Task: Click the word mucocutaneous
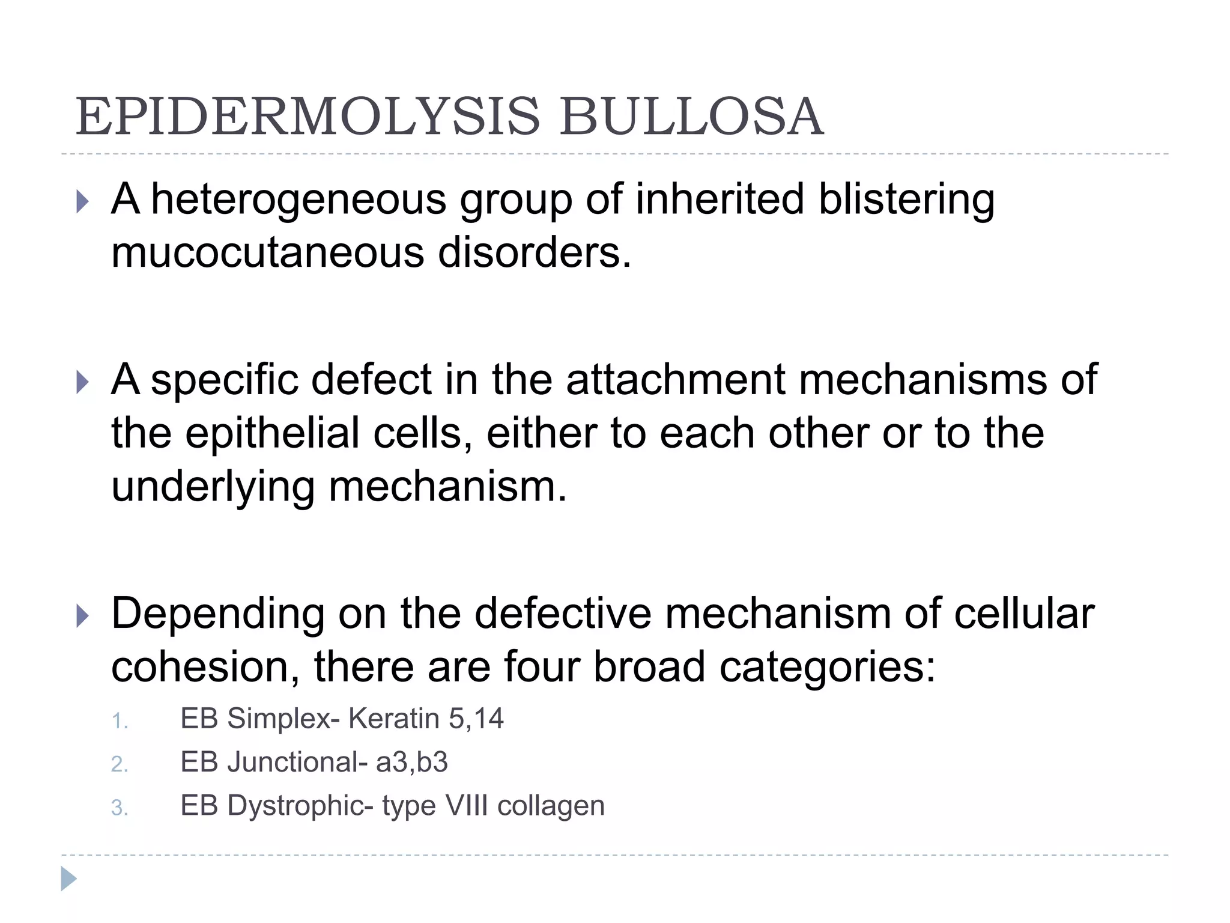[x=267, y=252]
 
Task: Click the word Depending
[x=217, y=614]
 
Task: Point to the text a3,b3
[x=412, y=762]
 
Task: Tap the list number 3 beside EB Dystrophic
[x=119, y=808]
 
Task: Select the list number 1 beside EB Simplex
[x=119, y=720]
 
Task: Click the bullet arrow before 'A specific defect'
[x=83, y=382]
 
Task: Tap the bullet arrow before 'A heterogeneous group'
[x=83, y=202]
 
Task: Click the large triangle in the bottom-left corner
[x=68, y=879]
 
